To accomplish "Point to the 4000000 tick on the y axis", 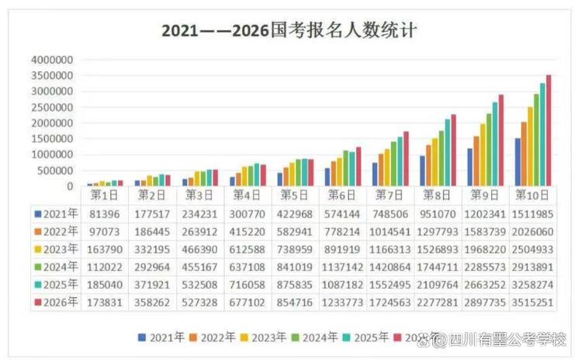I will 52,60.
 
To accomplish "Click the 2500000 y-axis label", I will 52,107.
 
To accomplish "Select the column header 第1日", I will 105,195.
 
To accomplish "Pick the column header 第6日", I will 342,195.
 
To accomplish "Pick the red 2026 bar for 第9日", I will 501,140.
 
